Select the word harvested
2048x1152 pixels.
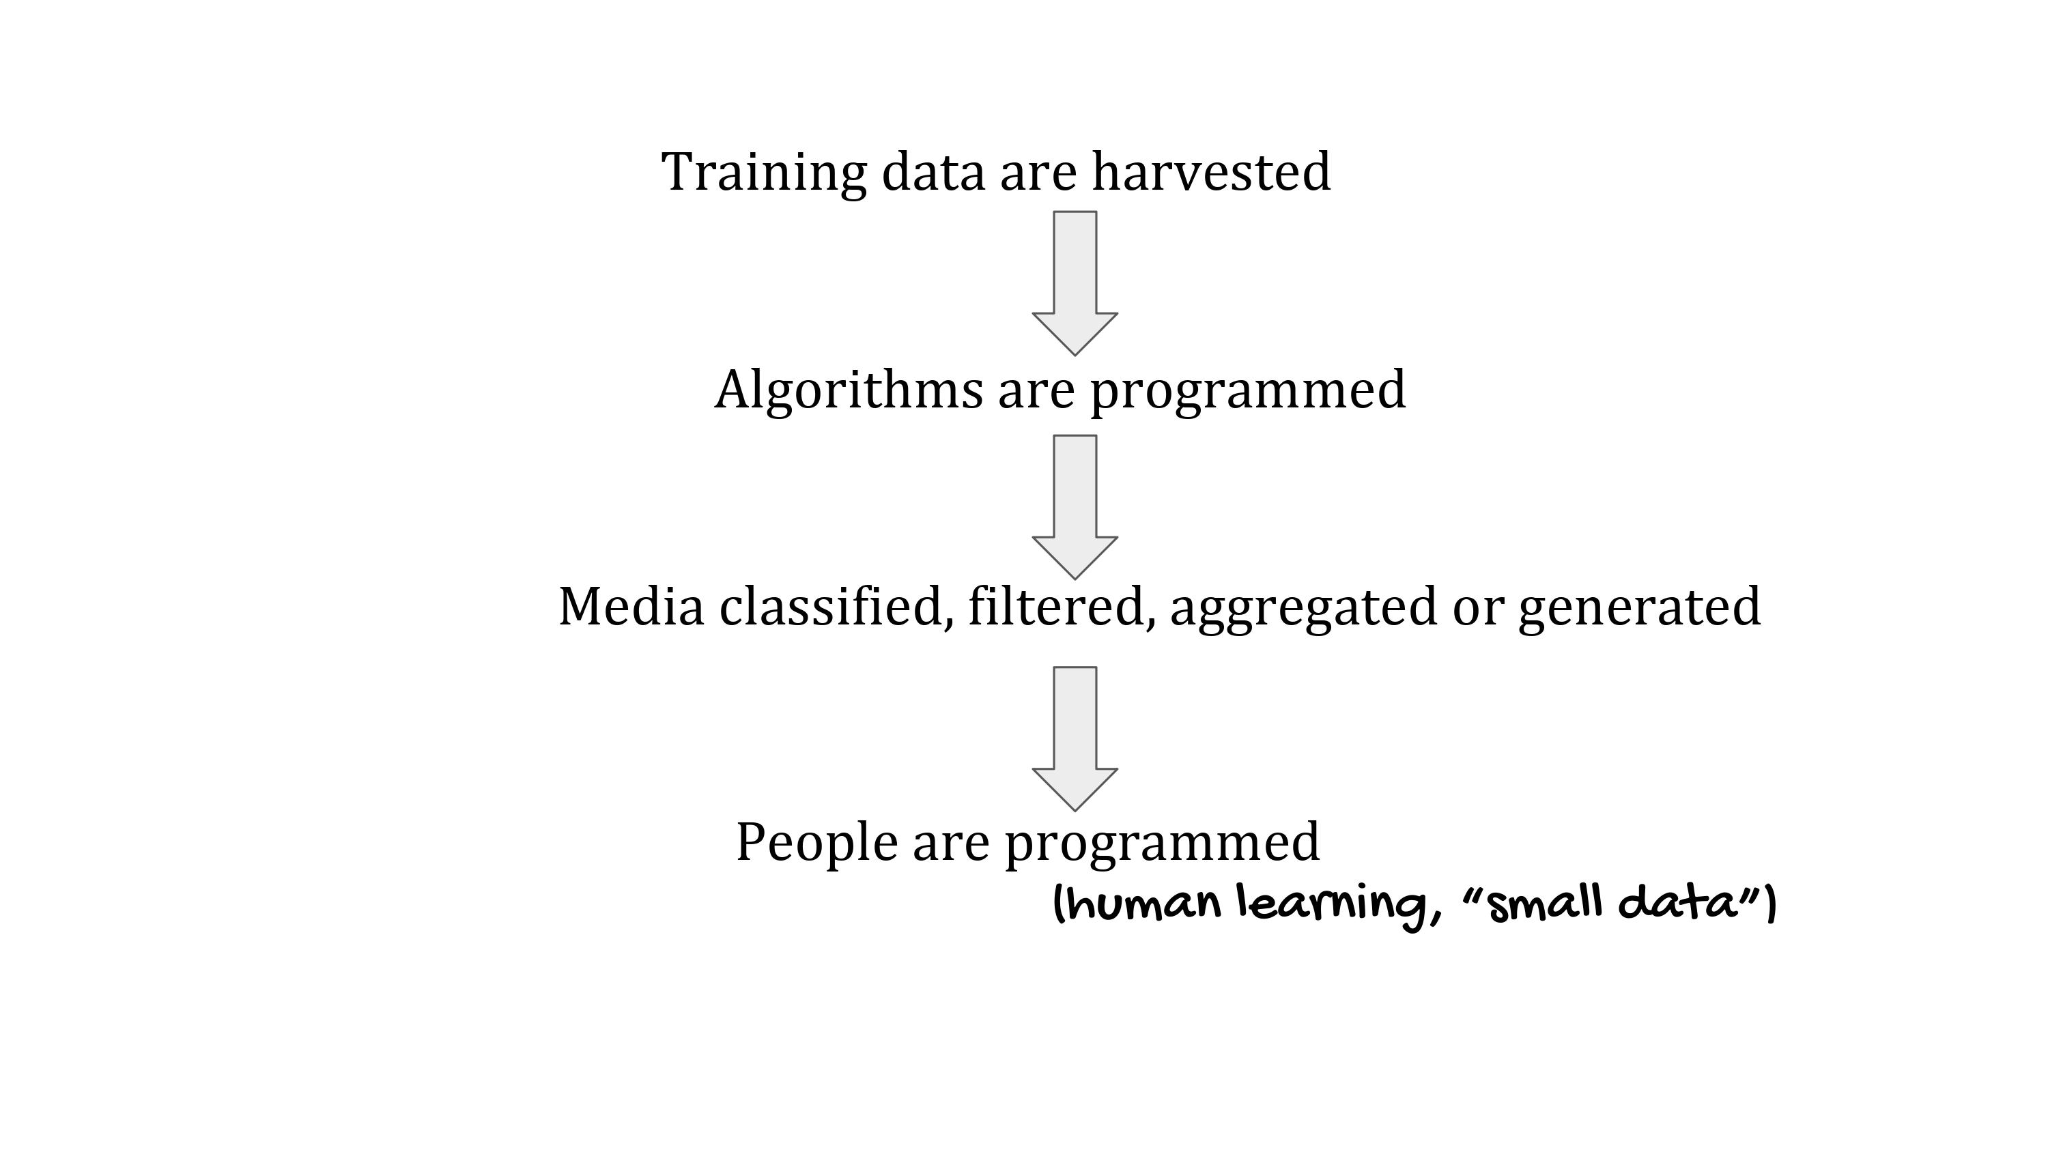coord(1211,172)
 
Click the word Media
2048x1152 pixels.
coord(631,607)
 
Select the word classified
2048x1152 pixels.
coord(837,607)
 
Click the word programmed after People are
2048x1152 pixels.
coord(1163,845)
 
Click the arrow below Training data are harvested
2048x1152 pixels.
coord(1075,283)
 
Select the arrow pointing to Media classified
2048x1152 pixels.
coord(1075,507)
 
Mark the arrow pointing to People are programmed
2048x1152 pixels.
coord(1075,738)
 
